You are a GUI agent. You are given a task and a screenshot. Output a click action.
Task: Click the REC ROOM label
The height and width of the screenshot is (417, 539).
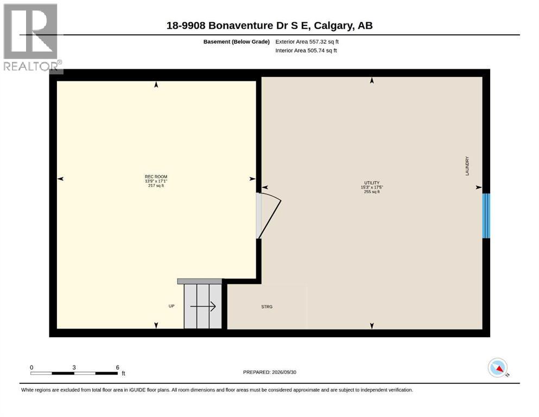tap(156, 176)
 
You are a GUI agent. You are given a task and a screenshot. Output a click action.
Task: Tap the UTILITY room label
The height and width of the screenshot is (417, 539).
tap(372, 183)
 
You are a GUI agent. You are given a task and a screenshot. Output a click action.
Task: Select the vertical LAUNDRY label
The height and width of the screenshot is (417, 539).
tap(467, 166)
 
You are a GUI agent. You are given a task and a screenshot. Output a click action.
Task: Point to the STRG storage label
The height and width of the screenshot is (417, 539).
tap(267, 307)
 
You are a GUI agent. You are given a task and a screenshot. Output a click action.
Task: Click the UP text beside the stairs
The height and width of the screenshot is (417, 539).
tap(172, 306)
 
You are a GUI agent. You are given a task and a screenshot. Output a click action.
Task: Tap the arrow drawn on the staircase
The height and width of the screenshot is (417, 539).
tap(203, 306)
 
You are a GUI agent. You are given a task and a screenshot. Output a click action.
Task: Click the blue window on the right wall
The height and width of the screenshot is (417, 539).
tap(486, 216)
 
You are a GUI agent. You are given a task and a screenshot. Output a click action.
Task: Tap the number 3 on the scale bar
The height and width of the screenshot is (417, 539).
tap(74, 368)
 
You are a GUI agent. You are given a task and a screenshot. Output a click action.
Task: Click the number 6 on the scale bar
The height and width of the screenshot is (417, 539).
tap(118, 368)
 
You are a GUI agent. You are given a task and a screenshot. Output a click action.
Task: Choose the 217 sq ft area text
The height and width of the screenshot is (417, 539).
tap(156, 186)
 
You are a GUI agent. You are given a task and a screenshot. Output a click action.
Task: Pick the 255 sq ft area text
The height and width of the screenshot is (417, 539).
tap(372, 192)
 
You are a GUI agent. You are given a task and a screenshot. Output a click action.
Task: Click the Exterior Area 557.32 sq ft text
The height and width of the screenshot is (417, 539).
tap(307, 42)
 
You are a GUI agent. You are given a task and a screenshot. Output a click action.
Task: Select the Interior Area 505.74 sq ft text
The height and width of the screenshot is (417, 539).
tap(306, 50)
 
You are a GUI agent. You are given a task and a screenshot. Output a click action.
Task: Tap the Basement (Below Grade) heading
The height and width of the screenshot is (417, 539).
tap(237, 42)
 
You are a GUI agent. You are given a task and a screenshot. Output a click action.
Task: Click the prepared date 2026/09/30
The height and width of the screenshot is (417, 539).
tap(284, 372)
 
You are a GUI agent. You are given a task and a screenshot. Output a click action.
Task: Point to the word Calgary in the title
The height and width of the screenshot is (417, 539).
tap(333, 26)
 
